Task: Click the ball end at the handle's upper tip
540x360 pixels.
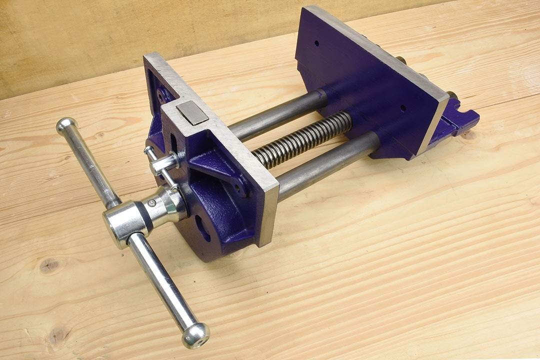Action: coord(66,127)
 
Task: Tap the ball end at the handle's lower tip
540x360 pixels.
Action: coord(195,334)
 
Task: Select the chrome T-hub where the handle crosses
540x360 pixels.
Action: coord(122,223)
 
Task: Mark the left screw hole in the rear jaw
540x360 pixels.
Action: coord(316,43)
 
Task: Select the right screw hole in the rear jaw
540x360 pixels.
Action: coord(402,107)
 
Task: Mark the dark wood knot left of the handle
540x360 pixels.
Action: coord(49,265)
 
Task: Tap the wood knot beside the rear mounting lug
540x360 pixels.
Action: coord(470,134)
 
